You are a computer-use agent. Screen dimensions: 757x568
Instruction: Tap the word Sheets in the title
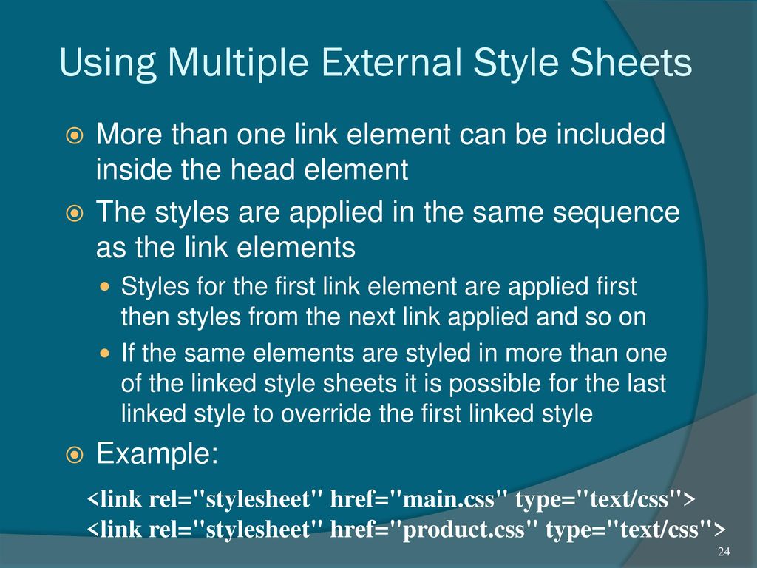pos(631,62)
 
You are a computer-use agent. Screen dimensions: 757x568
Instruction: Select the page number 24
pos(724,552)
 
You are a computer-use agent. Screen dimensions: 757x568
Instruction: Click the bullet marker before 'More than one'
pos(74,136)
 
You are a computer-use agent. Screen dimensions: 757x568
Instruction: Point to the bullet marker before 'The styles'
pos(74,214)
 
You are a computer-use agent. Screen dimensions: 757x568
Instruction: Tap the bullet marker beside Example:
pos(74,455)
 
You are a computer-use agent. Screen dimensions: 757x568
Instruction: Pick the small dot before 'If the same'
pos(105,354)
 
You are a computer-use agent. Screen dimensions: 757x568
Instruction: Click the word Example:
pos(157,454)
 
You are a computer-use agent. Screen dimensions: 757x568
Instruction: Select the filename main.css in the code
pos(448,499)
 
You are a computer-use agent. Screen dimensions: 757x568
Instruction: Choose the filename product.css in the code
pos(463,530)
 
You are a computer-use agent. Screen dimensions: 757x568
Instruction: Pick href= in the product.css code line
pos(360,530)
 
